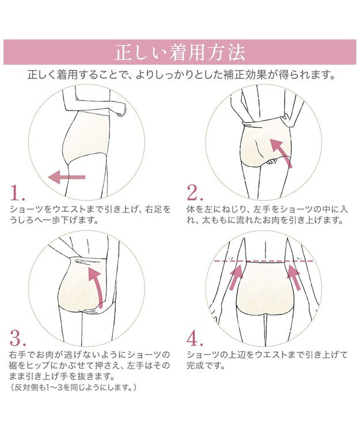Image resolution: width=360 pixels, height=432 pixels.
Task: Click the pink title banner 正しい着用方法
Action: [x=180, y=52]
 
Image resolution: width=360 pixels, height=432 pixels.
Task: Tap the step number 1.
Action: [x=17, y=192]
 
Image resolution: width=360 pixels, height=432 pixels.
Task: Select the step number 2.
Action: [x=195, y=192]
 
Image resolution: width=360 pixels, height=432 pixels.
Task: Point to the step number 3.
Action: [x=18, y=338]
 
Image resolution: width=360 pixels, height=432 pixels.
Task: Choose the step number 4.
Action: [x=195, y=338]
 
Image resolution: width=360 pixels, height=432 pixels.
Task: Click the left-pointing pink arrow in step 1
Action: [x=66, y=177]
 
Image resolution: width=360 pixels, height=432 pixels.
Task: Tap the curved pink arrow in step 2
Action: [x=280, y=153]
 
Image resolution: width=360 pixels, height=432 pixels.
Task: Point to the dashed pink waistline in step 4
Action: [x=264, y=261]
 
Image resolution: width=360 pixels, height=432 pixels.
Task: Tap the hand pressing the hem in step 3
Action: [x=92, y=310]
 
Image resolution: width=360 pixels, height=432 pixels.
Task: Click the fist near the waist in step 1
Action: [x=121, y=110]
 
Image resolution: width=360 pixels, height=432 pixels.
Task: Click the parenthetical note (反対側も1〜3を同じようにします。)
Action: [x=73, y=387]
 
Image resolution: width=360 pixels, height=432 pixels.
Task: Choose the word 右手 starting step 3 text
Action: [x=18, y=355]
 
